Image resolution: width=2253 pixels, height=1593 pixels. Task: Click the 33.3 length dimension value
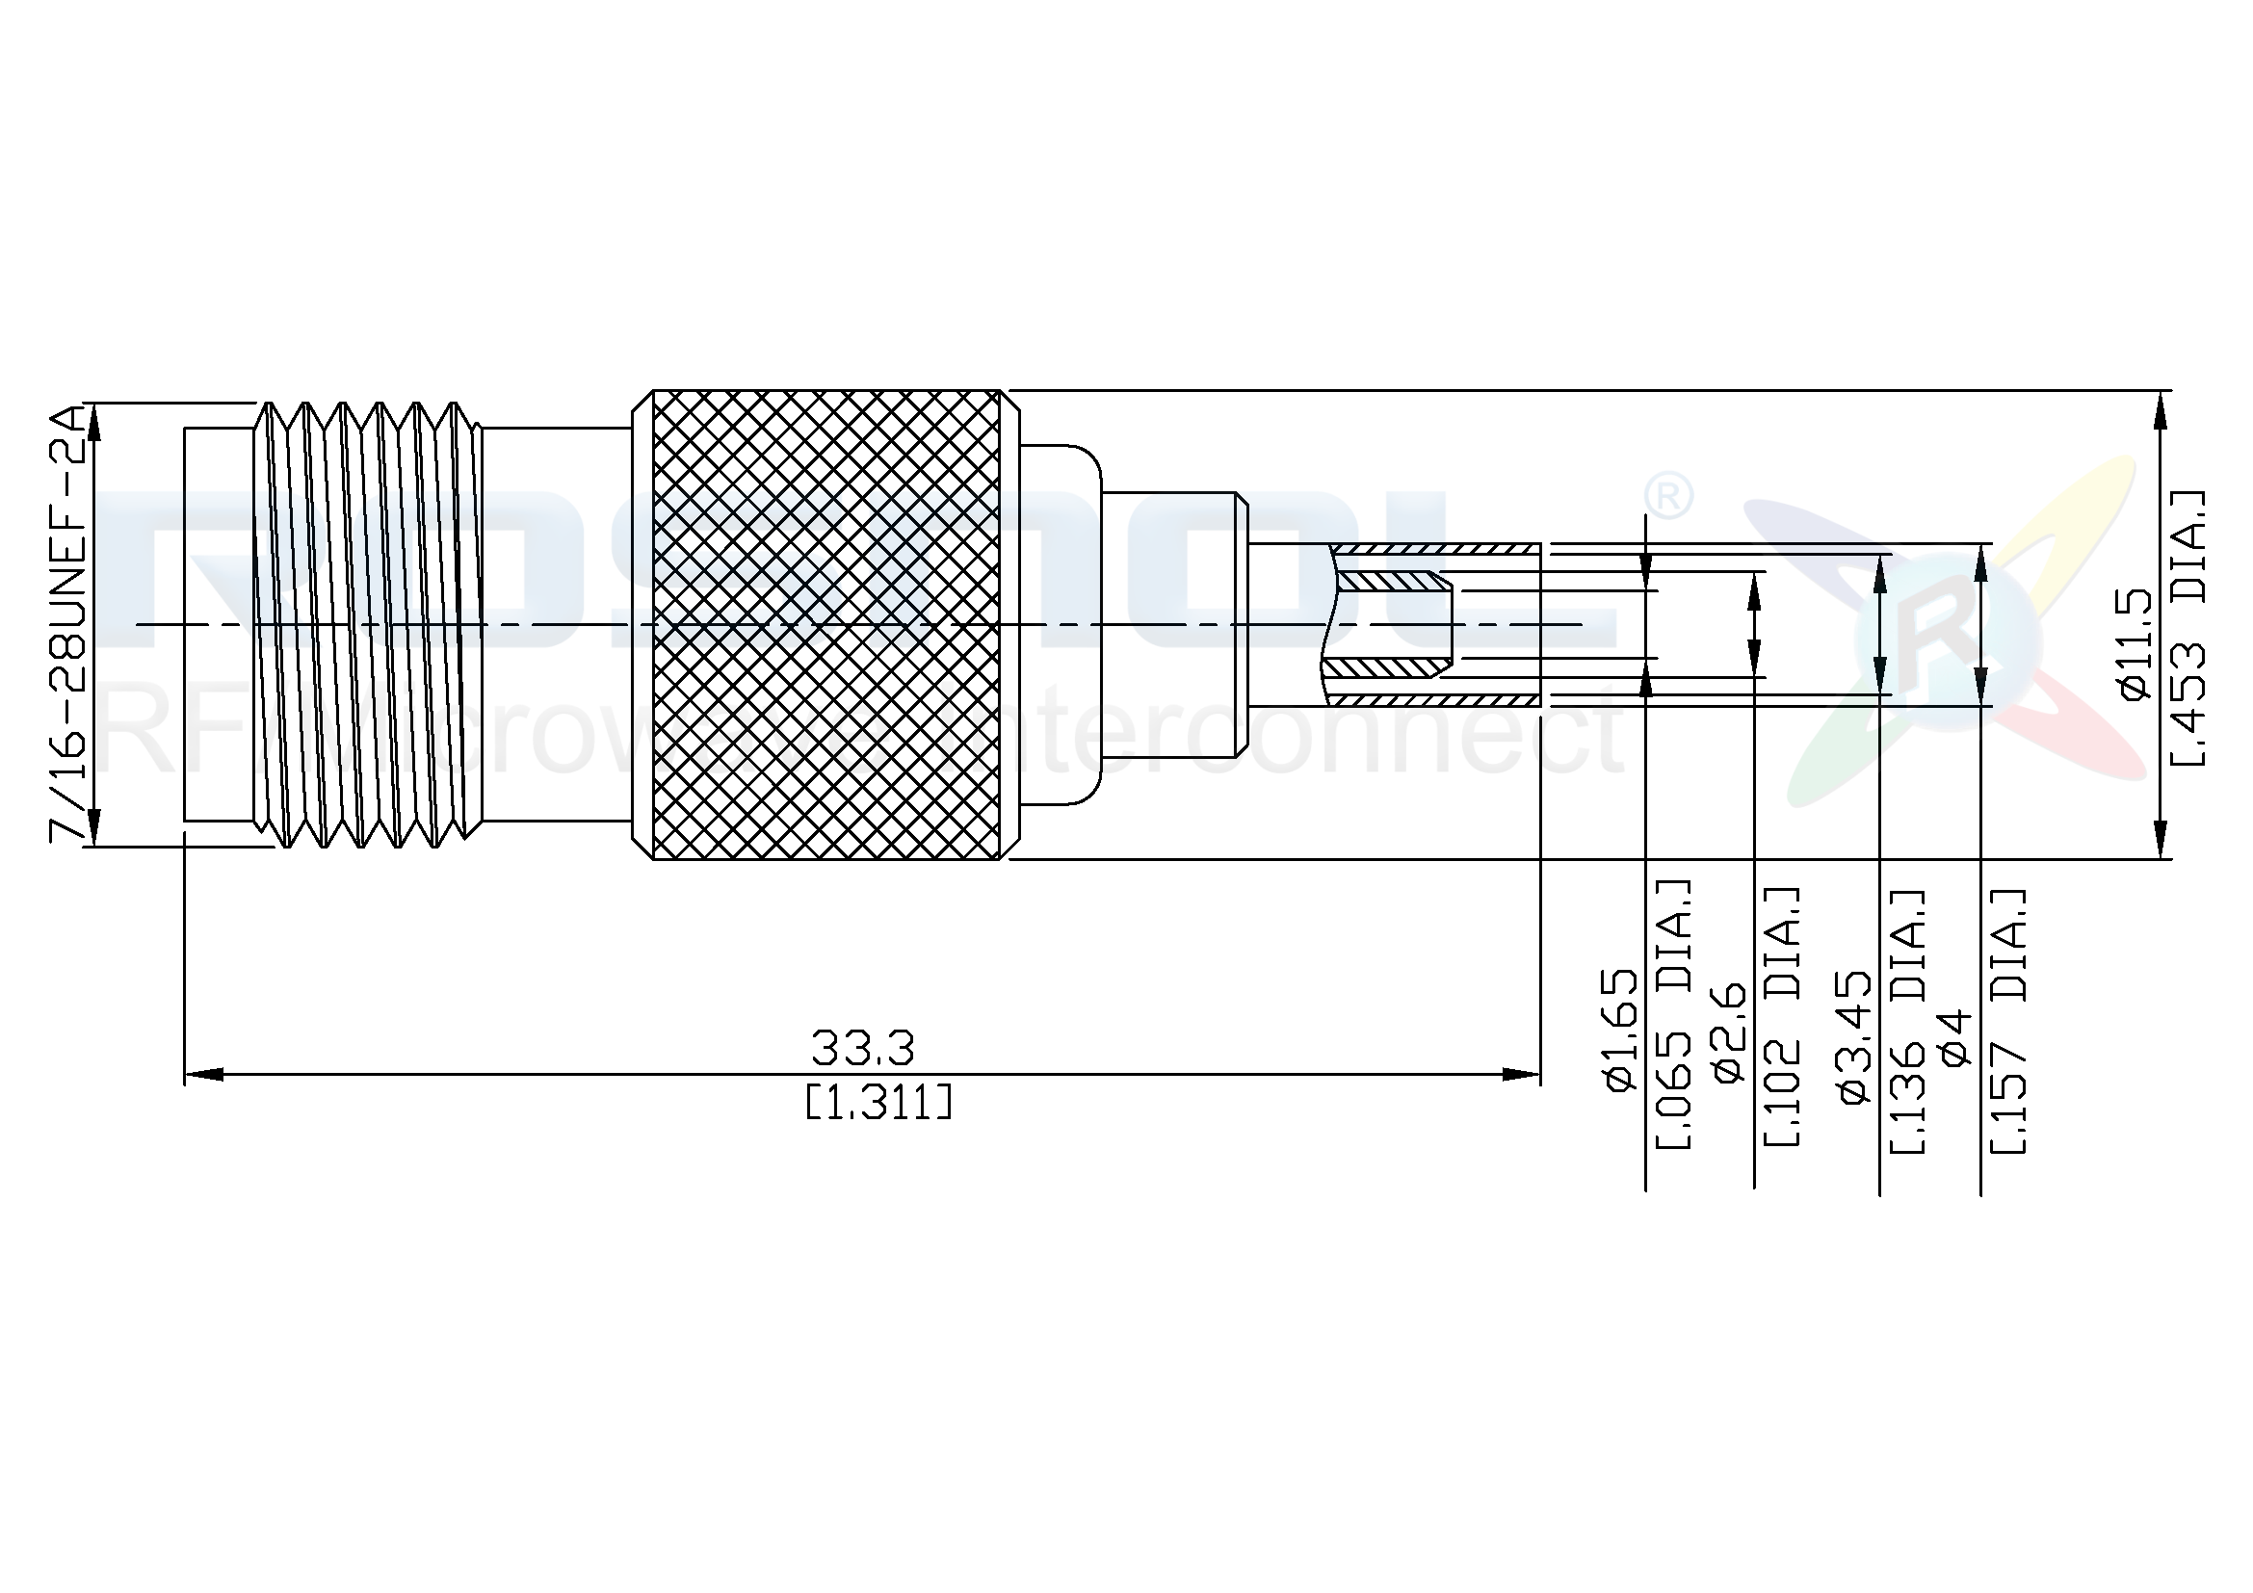pyautogui.click(x=862, y=1049)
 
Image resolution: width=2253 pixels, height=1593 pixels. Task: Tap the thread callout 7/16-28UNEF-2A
pyautogui.click(x=68, y=624)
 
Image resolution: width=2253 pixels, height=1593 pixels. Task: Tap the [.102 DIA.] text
pyautogui.click(x=1782, y=1017)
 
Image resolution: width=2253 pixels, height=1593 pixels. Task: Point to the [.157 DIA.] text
pyautogui.click(x=2007, y=1021)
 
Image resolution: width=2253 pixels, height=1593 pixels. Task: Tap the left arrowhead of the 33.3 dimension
pyautogui.click(x=202, y=1075)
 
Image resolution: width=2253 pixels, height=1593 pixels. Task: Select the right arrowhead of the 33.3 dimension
pyautogui.click(x=1523, y=1075)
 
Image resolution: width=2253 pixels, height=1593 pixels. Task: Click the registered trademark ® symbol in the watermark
pyautogui.click(x=1667, y=497)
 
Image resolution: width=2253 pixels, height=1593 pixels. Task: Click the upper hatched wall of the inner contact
pyautogui.click(x=1390, y=582)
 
